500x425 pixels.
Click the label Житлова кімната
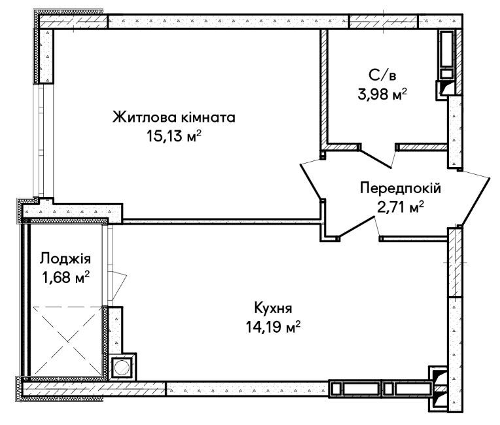pos(173,118)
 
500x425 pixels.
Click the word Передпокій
pos(401,189)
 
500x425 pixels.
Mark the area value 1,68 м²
pos(64,278)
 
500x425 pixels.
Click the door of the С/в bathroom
pos(378,155)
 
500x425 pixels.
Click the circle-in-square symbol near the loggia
pos(122,368)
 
